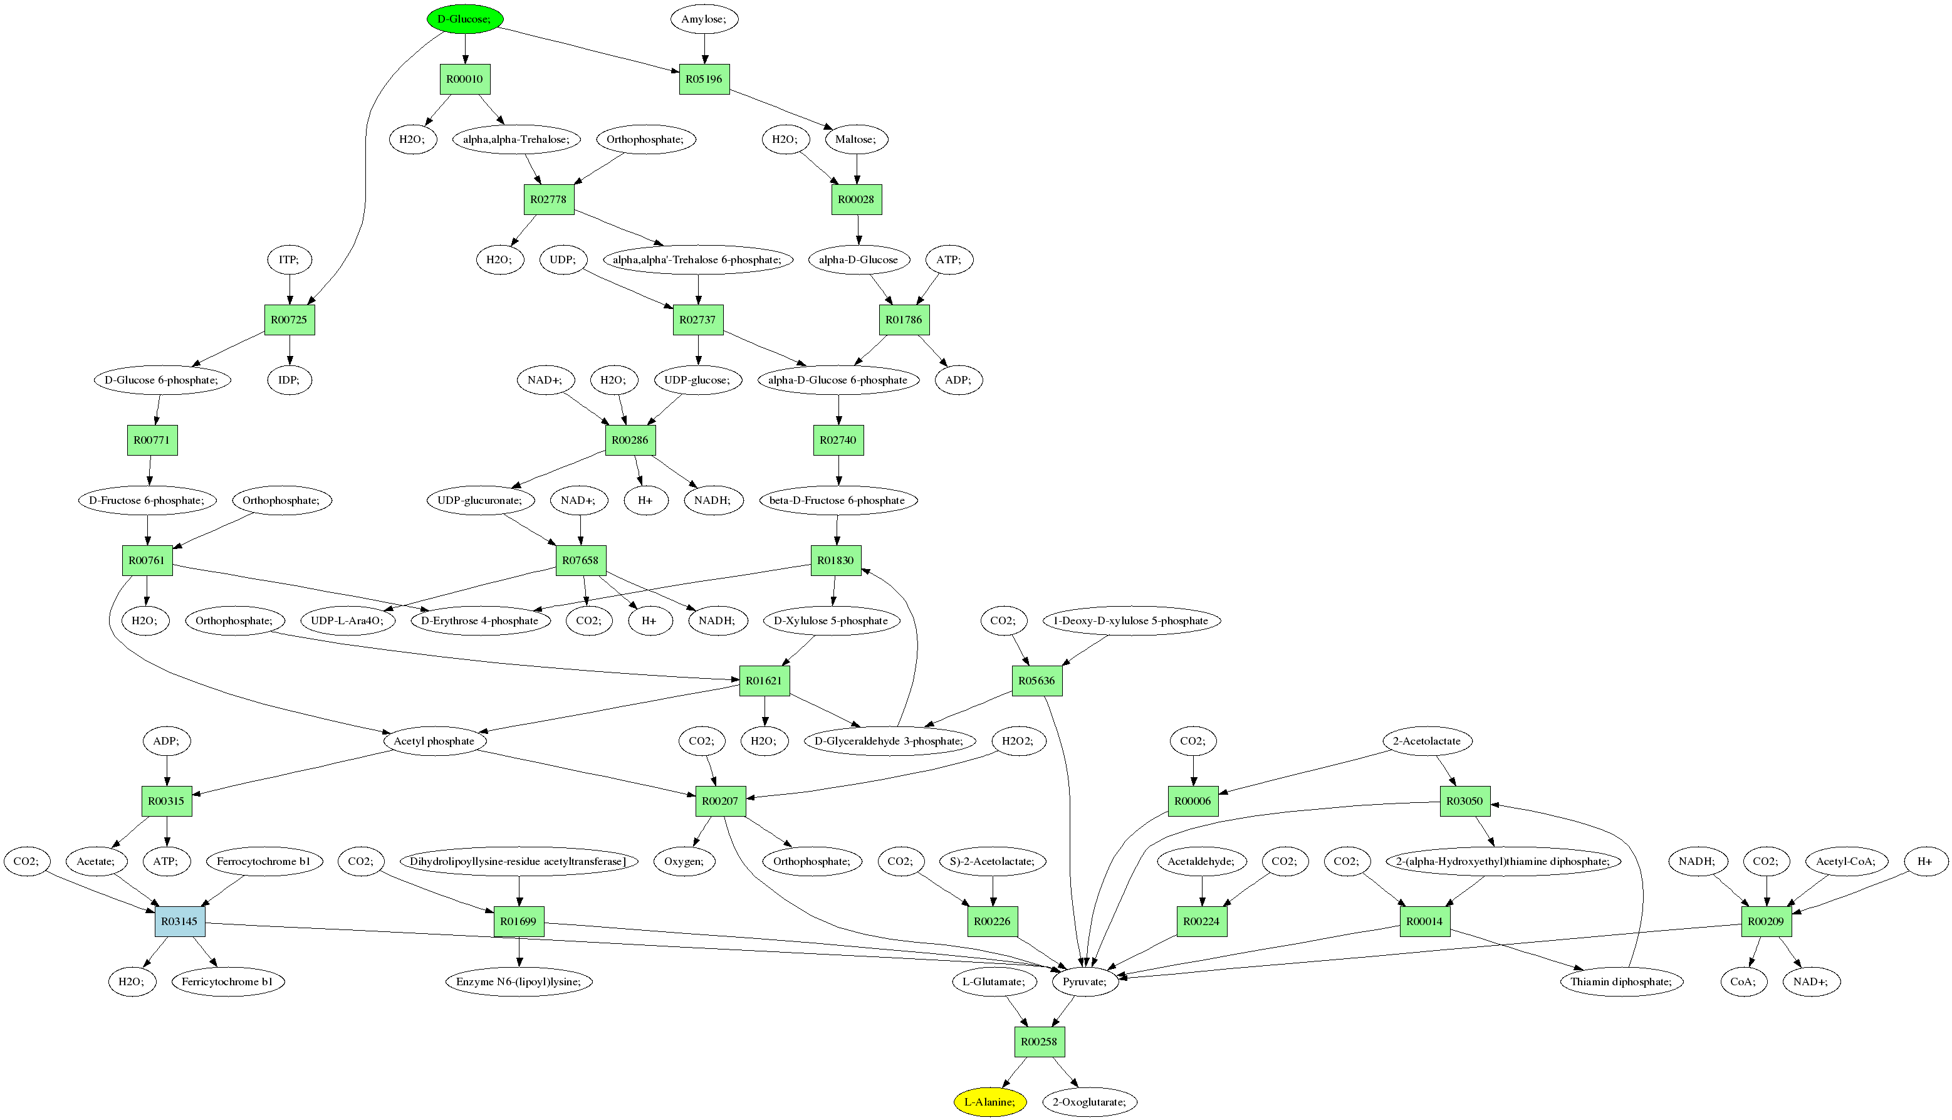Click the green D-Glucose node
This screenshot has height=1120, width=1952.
tap(464, 19)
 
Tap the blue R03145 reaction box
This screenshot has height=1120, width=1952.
tap(180, 921)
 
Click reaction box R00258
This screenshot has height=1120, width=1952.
tap(1039, 1042)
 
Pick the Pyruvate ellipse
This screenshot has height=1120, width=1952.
tap(1085, 981)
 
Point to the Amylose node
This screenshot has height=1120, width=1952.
tap(704, 19)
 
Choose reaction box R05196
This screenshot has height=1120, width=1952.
tap(704, 79)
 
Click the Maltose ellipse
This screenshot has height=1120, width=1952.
tap(856, 139)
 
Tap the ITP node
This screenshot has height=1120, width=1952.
tap(289, 260)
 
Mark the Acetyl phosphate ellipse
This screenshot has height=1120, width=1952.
tap(434, 741)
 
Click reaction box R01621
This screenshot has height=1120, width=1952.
tap(764, 681)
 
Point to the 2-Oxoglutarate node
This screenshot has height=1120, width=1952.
tap(1089, 1102)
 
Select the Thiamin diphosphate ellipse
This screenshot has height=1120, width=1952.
tap(1621, 981)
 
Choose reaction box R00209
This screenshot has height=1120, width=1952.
tap(1766, 921)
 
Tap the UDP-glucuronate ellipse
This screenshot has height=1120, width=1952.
tap(480, 500)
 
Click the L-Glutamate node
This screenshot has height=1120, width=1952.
tap(994, 981)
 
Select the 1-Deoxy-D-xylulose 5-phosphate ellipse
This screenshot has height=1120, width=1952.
tap(1130, 620)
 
